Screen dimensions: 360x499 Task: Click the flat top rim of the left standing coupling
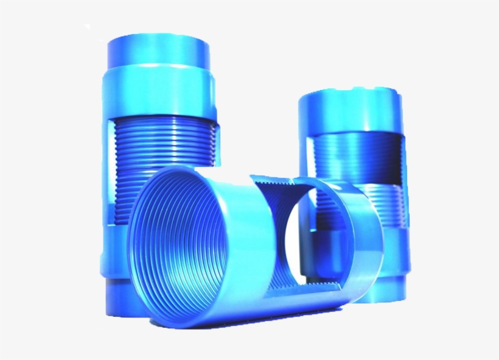(x=159, y=40)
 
